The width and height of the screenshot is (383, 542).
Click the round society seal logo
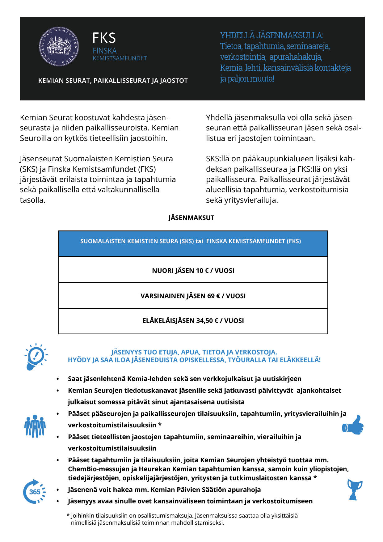59,46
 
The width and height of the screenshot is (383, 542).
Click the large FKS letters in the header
104,38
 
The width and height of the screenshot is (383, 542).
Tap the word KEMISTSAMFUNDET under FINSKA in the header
120,58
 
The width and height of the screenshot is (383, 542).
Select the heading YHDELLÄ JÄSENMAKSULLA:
271,36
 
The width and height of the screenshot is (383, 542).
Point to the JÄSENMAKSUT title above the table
191,218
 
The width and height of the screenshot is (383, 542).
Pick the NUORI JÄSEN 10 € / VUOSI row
193,271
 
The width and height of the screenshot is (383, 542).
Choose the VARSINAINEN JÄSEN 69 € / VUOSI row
193,296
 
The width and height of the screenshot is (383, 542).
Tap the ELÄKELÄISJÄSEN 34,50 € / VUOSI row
193,321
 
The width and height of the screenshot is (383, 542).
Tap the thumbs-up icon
353,425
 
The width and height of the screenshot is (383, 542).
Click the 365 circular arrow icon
34,492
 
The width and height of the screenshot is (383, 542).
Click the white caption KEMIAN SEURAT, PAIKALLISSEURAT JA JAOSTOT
113,81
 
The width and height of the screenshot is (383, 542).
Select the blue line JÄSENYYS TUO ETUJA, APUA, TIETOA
194,352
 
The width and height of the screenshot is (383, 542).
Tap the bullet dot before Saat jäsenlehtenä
57,379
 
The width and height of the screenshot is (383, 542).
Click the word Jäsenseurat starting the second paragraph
41,159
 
